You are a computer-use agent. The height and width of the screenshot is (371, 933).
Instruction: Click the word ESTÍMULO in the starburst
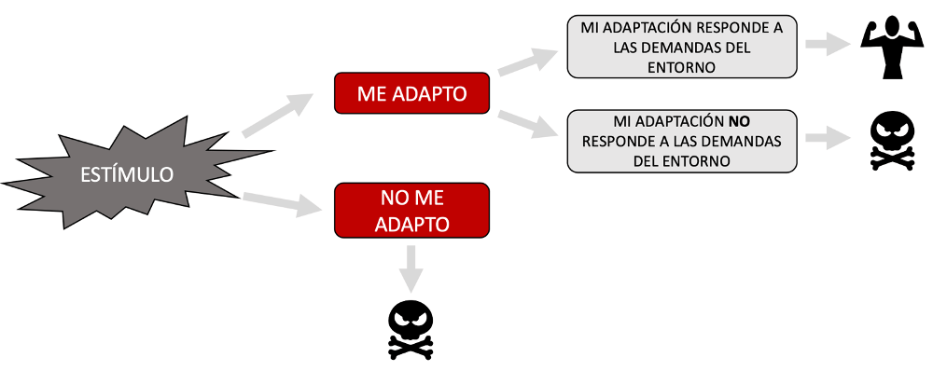(x=127, y=175)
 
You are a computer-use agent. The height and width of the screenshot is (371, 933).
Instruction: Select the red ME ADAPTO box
(x=411, y=93)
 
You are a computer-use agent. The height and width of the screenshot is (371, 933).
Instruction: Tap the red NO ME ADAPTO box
(x=411, y=211)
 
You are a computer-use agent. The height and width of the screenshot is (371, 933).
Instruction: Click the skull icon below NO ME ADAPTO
(x=411, y=331)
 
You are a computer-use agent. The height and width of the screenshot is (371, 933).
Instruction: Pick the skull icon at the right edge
(x=893, y=142)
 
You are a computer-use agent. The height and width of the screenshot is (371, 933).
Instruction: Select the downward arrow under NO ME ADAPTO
(x=411, y=268)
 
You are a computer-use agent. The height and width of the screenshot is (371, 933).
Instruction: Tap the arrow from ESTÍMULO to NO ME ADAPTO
(x=281, y=203)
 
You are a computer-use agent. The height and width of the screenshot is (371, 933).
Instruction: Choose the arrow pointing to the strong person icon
(x=828, y=44)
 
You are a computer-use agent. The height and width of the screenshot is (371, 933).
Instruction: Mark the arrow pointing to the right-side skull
(x=828, y=139)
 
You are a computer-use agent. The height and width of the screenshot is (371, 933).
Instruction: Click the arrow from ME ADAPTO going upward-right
(x=528, y=62)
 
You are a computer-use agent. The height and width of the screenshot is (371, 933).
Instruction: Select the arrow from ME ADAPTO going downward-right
(x=528, y=124)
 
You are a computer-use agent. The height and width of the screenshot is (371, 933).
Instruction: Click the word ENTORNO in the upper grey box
(x=682, y=67)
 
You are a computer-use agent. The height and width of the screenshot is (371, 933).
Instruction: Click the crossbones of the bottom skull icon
(x=411, y=347)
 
